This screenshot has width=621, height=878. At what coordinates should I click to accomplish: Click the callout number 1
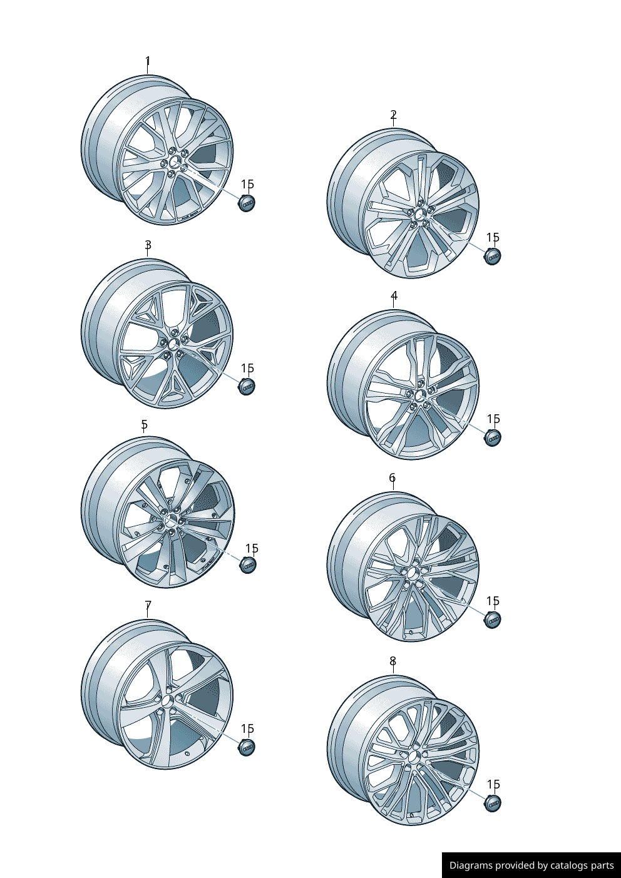pos(148,61)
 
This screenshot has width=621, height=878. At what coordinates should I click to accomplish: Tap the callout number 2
pos(393,115)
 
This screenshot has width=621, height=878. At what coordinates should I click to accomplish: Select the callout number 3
pos(148,245)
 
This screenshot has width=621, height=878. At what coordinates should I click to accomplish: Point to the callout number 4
pos(394,295)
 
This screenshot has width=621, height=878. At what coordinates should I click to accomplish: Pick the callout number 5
pos(144,424)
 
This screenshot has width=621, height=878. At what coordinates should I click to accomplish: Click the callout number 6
pos(393,478)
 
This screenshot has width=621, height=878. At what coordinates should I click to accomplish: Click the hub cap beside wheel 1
pos(247,203)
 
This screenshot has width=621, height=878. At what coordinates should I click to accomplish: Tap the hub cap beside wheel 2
pos(493,257)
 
